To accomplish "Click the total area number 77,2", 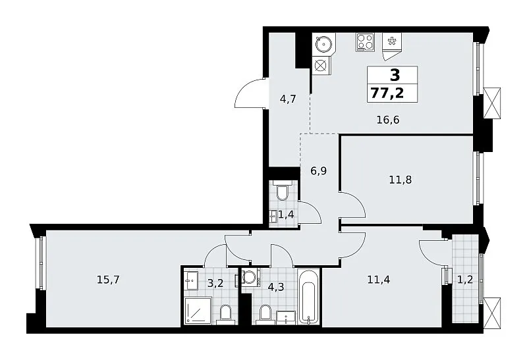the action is (x=387, y=92).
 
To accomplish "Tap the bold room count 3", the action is (x=395, y=75).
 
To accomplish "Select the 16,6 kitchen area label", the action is (x=388, y=120).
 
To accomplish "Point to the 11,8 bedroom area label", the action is (x=401, y=180).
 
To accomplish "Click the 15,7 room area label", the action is (x=108, y=280).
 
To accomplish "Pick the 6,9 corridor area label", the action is (x=319, y=171).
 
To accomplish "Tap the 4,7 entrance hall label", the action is (x=288, y=99).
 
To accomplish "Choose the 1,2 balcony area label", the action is (x=466, y=280).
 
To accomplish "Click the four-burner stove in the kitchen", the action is (x=365, y=42).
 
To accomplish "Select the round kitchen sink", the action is (x=323, y=43).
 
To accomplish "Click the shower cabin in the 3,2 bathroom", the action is (x=198, y=311).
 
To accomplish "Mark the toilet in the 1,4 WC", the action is (x=281, y=190).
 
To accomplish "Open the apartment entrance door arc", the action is (x=249, y=93).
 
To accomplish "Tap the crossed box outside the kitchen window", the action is (x=492, y=103).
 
